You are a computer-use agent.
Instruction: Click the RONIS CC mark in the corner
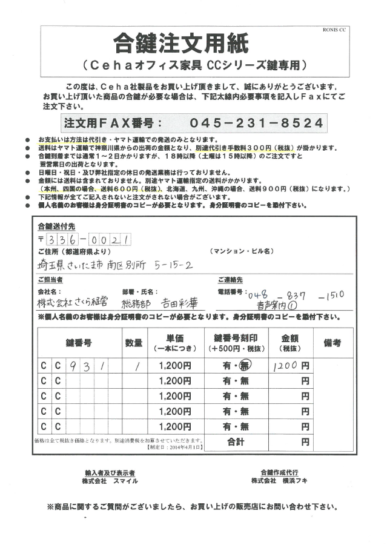tap(334, 29)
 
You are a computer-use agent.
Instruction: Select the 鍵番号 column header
tap(79, 343)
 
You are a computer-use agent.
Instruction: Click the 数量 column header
tap(134, 343)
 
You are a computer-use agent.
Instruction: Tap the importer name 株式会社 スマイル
tap(110, 480)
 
